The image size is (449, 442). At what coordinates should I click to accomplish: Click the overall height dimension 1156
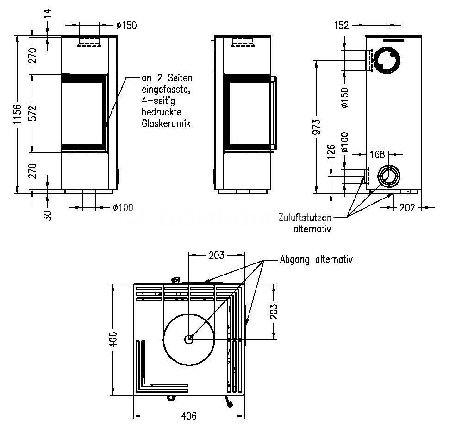pos(17,114)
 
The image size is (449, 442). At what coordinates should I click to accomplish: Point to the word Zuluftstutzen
pos(305,217)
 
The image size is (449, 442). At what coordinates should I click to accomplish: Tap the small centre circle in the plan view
pos(188,339)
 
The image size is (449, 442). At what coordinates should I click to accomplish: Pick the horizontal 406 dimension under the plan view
pos(188,416)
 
